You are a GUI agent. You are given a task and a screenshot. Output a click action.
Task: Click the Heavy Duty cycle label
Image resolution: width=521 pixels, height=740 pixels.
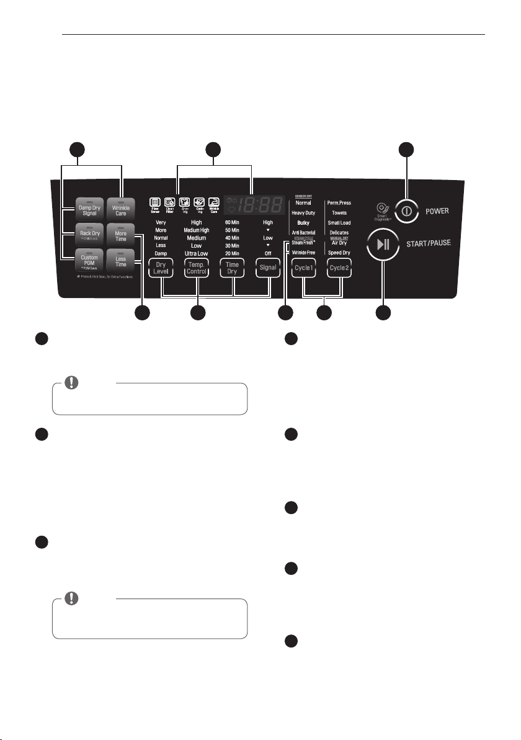pyautogui.click(x=303, y=213)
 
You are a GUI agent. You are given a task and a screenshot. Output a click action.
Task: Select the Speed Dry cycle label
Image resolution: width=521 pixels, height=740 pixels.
pyautogui.click(x=339, y=253)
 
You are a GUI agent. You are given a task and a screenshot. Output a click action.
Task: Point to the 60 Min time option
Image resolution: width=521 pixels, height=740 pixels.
pyautogui.click(x=232, y=222)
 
